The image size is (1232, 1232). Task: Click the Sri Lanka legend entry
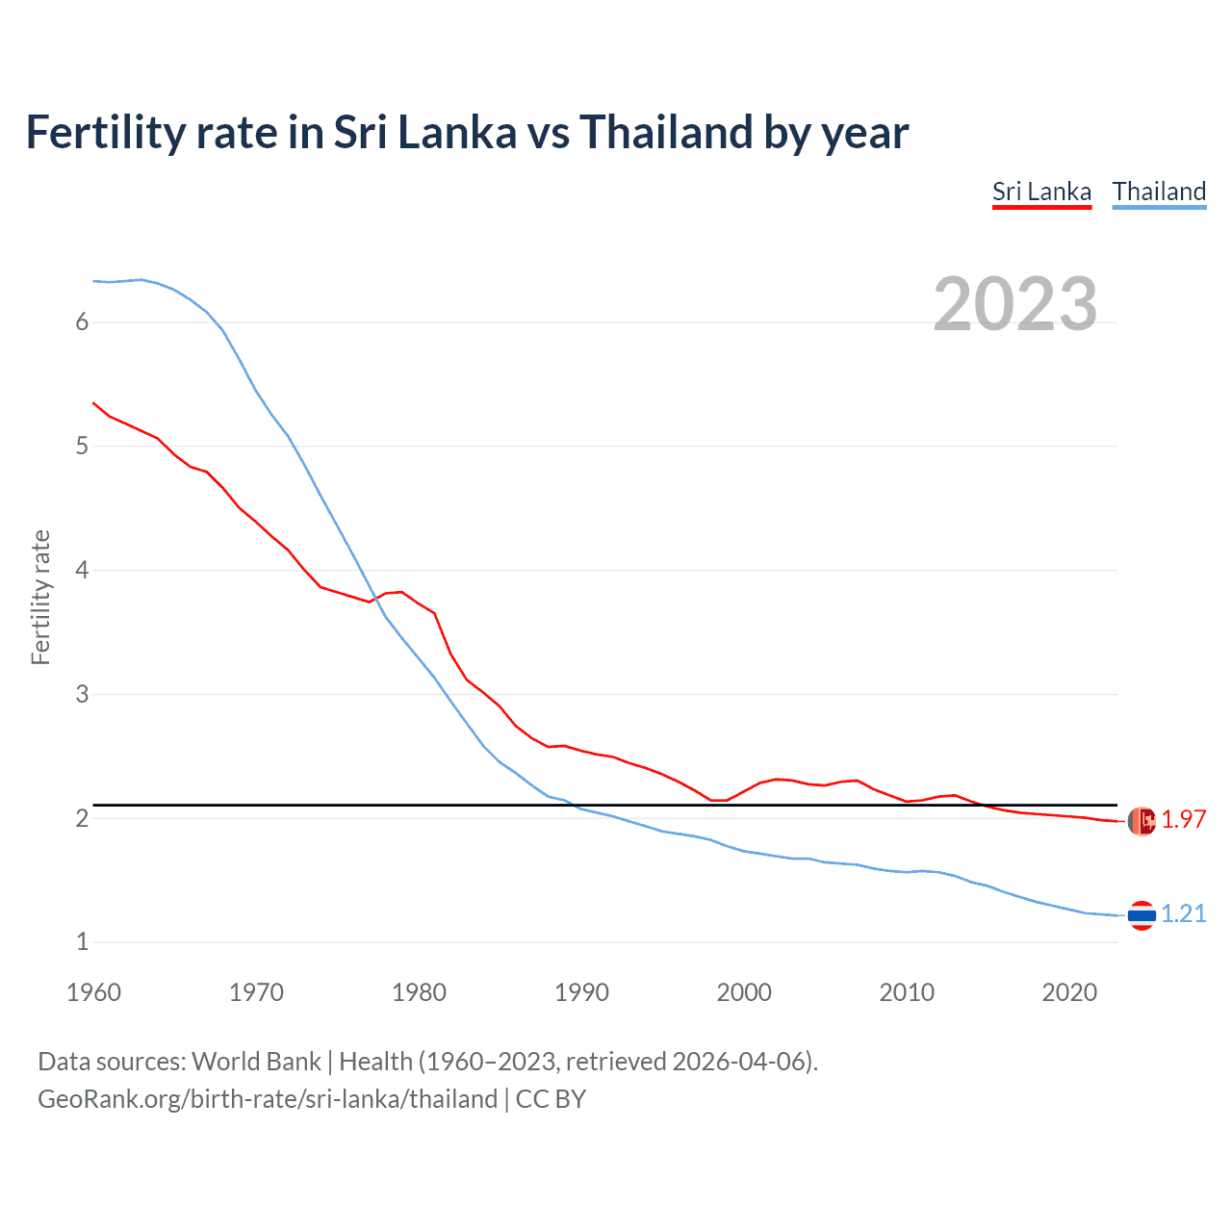(x=1041, y=192)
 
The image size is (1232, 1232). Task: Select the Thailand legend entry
(x=1159, y=192)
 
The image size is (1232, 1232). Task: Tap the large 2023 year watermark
(x=1014, y=304)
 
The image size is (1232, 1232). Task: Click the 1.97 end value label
(x=1183, y=819)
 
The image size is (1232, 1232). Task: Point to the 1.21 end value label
(x=1183, y=913)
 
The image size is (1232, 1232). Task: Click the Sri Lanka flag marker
(x=1142, y=821)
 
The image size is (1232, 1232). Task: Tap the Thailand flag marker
(x=1142, y=915)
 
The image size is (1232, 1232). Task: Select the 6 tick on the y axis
(x=82, y=322)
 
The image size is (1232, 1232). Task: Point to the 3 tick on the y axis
(x=82, y=694)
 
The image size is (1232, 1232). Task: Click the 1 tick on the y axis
(x=82, y=942)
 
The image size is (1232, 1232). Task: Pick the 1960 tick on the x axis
(x=93, y=992)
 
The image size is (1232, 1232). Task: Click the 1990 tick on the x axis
(x=581, y=992)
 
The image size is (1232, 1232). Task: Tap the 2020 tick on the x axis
(x=1069, y=992)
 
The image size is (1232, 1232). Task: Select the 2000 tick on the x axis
(x=744, y=992)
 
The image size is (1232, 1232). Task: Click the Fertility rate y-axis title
(x=40, y=597)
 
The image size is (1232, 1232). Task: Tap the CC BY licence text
(x=551, y=1099)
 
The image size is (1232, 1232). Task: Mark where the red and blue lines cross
(x=373, y=599)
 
